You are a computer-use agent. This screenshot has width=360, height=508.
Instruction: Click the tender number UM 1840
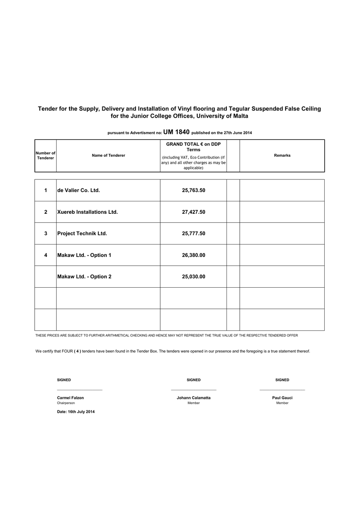coord(176,132)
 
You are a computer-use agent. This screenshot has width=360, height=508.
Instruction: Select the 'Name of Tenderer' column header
coord(108,156)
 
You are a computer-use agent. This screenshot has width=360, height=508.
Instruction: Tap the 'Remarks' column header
coord(282,156)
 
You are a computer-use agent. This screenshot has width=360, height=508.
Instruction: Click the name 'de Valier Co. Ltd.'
coord(78,190)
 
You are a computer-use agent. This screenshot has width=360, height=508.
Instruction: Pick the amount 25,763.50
coord(194,190)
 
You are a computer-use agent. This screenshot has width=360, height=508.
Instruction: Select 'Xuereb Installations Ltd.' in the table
coord(87,212)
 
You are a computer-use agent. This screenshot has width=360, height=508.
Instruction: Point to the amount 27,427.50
coord(194,212)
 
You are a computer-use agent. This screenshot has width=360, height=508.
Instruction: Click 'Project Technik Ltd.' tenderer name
coord(82,234)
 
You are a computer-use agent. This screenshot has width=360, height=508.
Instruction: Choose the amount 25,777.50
coord(194,234)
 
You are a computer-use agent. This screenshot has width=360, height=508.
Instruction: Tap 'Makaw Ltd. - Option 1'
coord(84,255)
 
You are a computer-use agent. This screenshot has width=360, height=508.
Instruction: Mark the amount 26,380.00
coord(194,255)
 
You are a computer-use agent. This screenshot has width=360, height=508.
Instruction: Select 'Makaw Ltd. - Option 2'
coord(84,277)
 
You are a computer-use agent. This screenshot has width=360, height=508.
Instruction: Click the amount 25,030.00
coord(194,277)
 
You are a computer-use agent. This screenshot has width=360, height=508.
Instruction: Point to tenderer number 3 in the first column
coord(46,234)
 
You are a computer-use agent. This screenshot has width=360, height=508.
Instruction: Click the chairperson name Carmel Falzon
coord(71,398)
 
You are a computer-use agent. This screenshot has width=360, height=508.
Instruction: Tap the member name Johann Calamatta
coord(194,398)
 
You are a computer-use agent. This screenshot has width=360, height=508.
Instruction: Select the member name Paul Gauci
coord(282,398)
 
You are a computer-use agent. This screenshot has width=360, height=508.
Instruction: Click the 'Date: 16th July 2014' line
coord(75,412)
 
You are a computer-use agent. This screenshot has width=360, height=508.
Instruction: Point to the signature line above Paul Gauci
coord(282,390)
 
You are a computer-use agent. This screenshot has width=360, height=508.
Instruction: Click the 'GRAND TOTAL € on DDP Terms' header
coord(194,147)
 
